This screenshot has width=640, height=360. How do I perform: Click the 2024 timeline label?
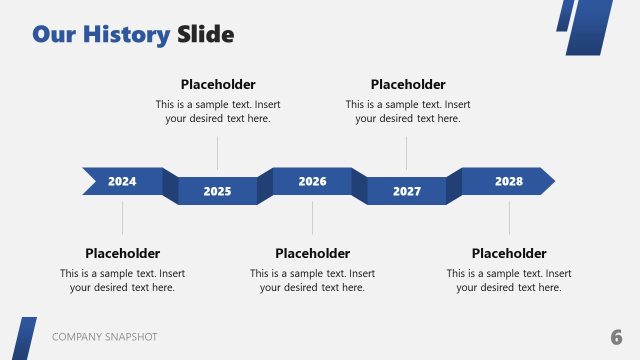(x=122, y=181)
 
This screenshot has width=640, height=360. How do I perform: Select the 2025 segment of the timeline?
(x=217, y=191)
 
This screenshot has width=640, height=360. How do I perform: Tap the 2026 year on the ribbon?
(x=312, y=181)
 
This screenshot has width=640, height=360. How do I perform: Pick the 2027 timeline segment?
(x=407, y=191)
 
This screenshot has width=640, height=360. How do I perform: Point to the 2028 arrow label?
(x=508, y=181)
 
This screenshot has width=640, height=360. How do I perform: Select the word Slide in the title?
(x=206, y=35)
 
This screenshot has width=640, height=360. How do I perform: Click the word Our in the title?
(x=54, y=35)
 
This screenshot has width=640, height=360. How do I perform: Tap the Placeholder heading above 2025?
(x=218, y=84)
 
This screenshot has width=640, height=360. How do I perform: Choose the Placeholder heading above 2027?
(x=408, y=84)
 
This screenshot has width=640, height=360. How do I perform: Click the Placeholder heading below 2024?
(x=122, y=253)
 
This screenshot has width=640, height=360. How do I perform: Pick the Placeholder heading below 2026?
(x=312, y=253)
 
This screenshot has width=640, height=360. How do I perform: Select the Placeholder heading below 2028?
(x=509, y=253)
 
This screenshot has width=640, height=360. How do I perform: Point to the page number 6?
(x=616, y=336)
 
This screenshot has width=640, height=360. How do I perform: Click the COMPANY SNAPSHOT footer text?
(x=104, y=337)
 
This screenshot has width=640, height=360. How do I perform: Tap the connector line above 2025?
(x=217, y=152)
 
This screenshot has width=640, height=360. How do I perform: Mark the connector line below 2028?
(x=509, y=217)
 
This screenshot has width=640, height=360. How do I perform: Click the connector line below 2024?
(x=122, y=217)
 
